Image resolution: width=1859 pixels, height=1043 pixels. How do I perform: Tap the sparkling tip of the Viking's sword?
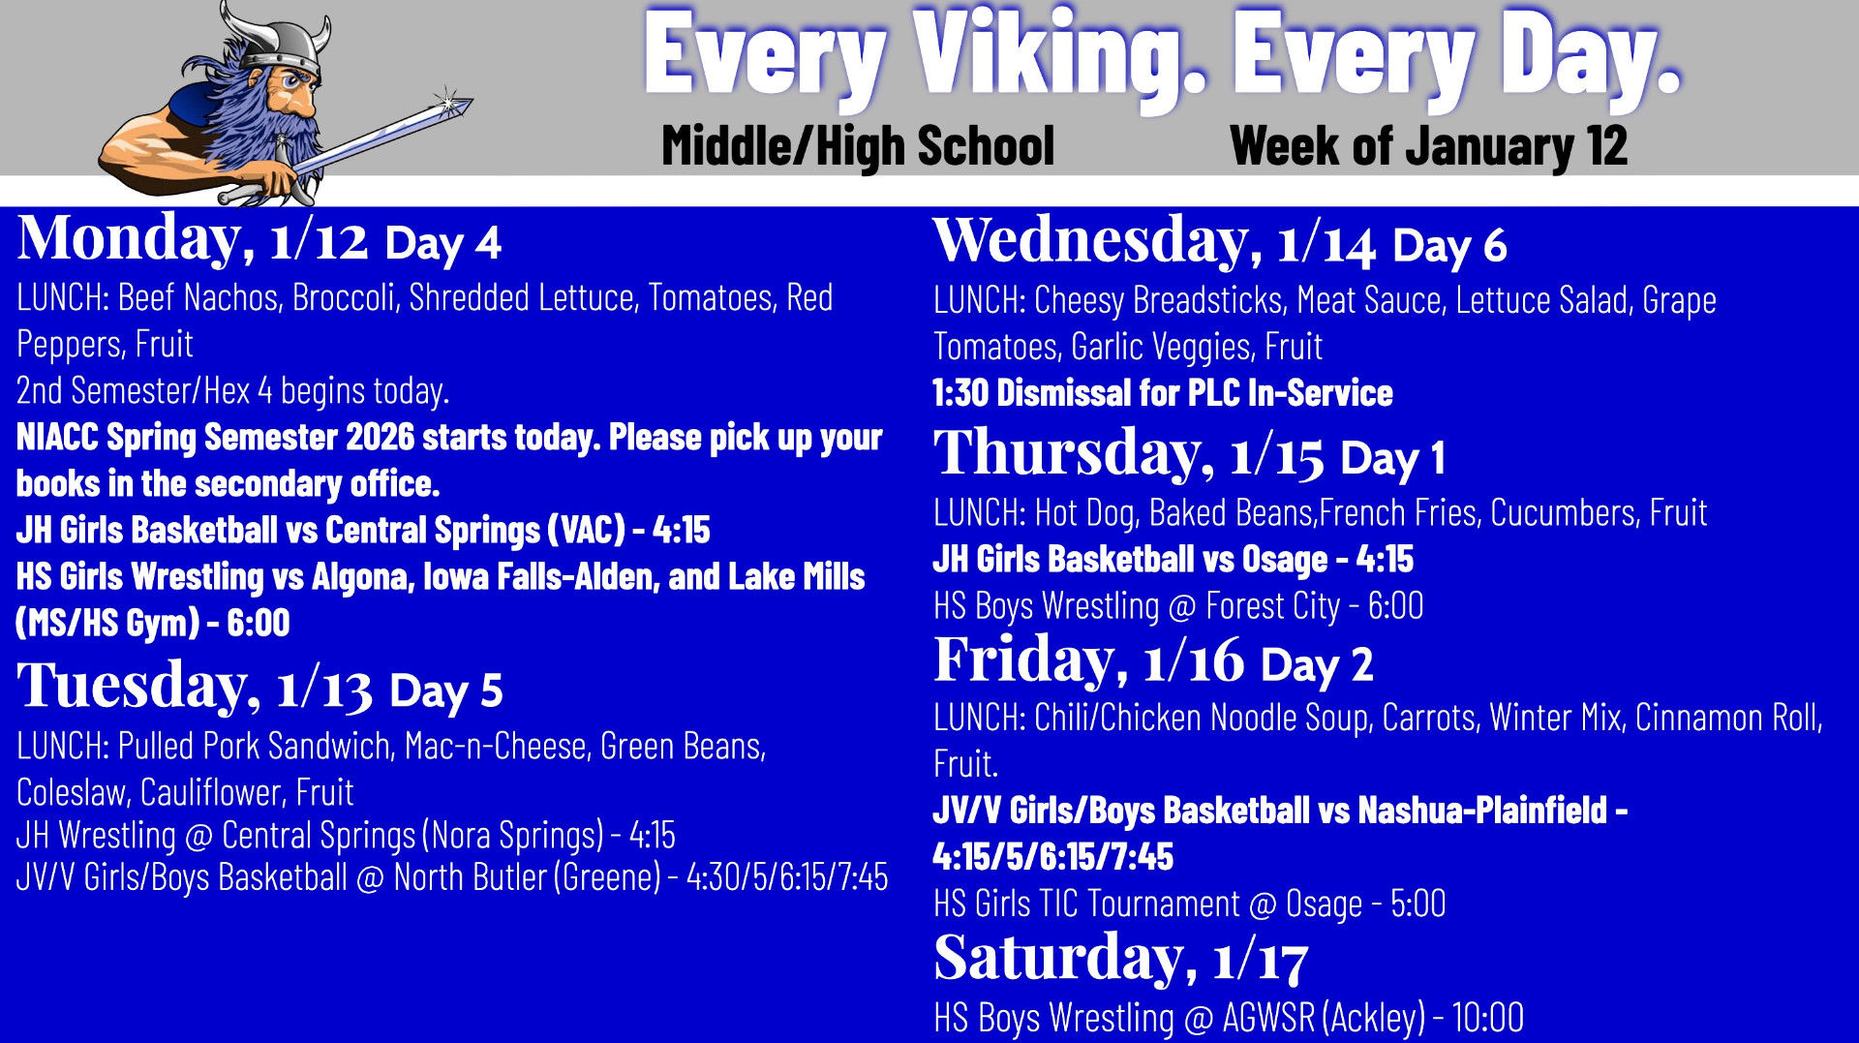click(x=451, y=101)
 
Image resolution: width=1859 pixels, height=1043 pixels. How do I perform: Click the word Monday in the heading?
click(x=130, y=239)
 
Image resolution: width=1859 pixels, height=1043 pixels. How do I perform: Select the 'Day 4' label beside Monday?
click(x=442, y=243)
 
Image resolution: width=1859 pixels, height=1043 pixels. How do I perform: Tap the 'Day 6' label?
click(x=1449, y=246)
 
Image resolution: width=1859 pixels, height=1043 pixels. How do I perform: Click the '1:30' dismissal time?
click(x=960, y=393)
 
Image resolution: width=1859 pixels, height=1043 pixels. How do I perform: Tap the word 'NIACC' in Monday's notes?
click(x=57, y=438)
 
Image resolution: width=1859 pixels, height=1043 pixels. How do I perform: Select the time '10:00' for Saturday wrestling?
click(x=1487, y=1018)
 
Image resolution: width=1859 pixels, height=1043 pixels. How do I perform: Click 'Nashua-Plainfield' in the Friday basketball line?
click(x=1481, y=811)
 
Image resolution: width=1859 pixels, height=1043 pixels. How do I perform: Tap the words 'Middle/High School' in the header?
click(x=858, y=146)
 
